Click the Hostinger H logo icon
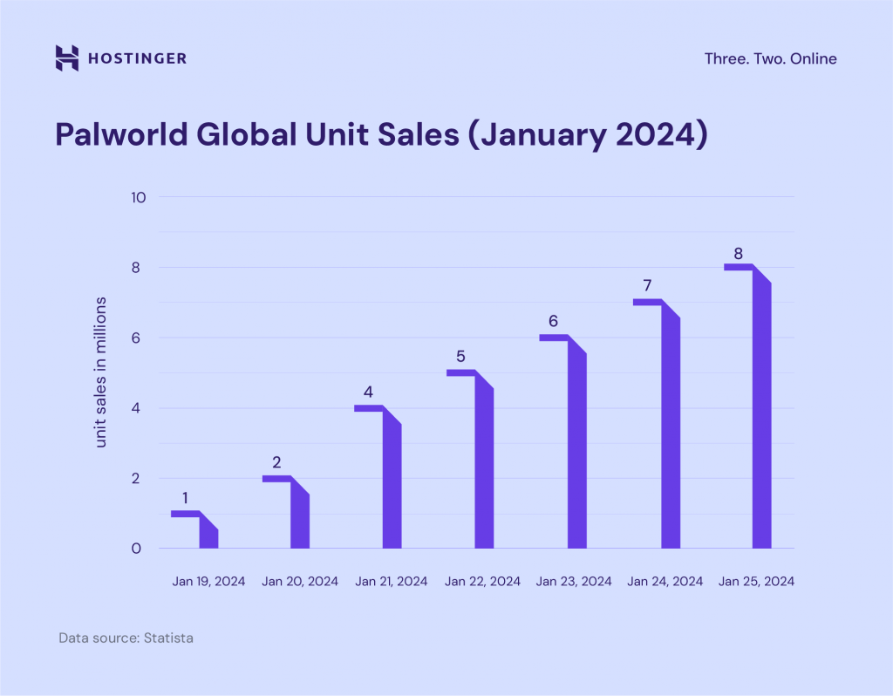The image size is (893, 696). click(x=67, y=58)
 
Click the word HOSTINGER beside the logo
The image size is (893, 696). click(x=137, y=58)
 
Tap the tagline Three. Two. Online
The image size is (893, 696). click(x=770, y=58)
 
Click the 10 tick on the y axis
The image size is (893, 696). click(x=137, y=197)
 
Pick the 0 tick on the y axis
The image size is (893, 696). click(x=137, y=549)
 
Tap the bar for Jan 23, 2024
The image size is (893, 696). click(x=576, y=449)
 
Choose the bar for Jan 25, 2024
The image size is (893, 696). click(x=761, y=414)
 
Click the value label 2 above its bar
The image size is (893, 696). click(x=276, y=462)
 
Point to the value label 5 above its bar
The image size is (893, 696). click(x=460, y=357)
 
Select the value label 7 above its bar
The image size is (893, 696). click(x=647, y=285)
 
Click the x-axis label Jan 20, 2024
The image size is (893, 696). click(x=300, y=581)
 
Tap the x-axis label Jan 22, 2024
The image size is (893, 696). click(x=482, y=581)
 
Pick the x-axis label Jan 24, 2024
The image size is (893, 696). click(x=665, y=581)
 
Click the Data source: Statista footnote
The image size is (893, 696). click(x=126, y=638)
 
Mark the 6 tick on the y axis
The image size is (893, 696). click(x=137, y=338)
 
